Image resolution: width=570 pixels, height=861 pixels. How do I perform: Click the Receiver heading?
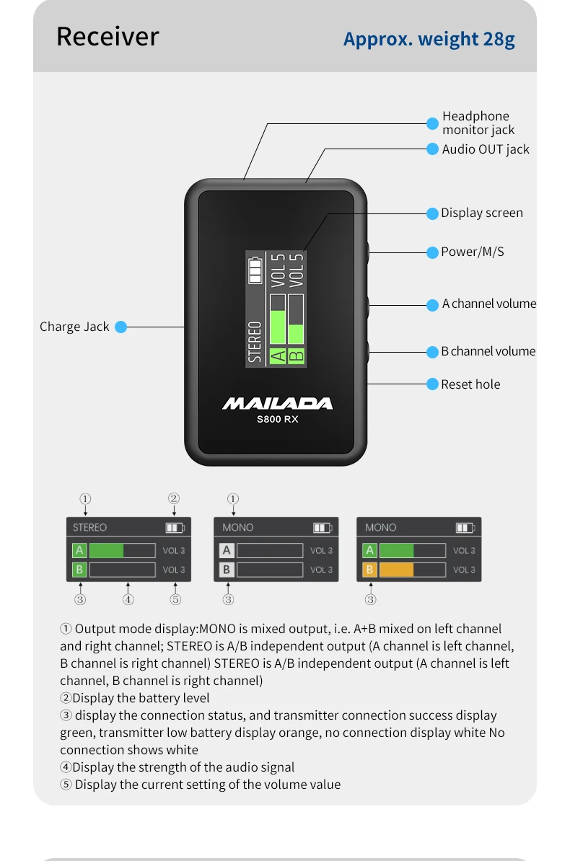tap(108, 36)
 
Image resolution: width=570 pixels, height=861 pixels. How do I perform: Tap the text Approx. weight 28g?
tap(429, 39)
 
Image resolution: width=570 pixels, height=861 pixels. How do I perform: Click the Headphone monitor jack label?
tap(478, 123)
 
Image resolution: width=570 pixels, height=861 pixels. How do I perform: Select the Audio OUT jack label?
tap(486, 149)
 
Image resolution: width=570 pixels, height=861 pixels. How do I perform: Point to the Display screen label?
tap(482, 213)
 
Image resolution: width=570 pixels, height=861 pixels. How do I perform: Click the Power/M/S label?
tap(473, 252)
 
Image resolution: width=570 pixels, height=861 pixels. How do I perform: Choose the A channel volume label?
tap(489, 304)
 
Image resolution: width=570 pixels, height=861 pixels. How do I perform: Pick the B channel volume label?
tap(488, 351)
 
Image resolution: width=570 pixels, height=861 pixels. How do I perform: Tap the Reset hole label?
tap(470, 384)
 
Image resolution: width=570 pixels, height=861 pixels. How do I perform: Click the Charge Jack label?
tap(74, 327)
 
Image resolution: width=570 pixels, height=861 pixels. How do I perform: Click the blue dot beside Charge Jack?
tap(121, 327)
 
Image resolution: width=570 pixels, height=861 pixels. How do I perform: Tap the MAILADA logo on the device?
tap(277, 404)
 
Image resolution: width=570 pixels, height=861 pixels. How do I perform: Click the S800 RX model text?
tap(277, 420)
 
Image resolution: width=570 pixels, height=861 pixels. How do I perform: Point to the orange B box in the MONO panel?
tap(370, 570)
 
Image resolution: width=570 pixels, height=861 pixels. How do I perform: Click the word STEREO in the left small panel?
tap(89, 528)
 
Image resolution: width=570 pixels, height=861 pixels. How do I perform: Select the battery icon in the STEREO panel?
tap(175, 528)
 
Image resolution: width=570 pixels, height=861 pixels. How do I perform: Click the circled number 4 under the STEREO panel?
tap(128, 599)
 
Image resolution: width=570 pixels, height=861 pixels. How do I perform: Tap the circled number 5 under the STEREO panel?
tap(175, 599)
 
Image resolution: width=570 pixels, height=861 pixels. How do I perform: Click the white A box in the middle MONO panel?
tap(227, 550)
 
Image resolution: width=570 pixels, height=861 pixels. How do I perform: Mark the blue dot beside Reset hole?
tap(433, 384)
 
